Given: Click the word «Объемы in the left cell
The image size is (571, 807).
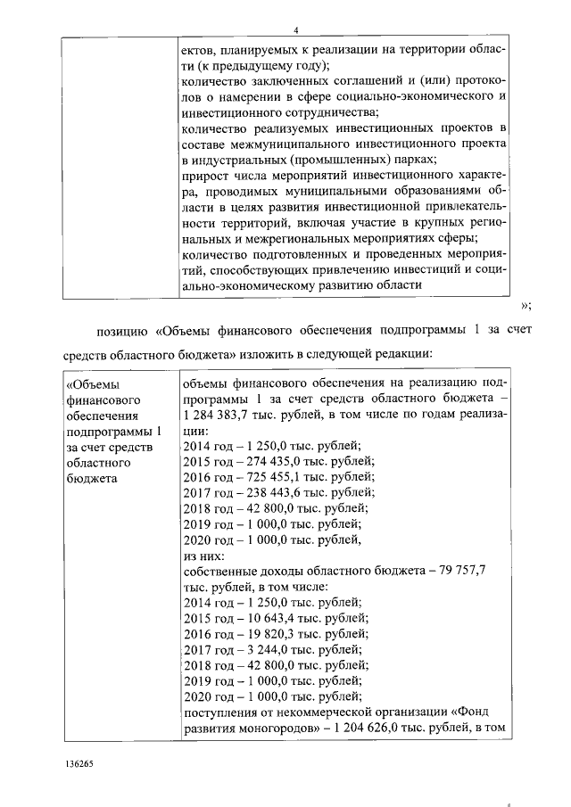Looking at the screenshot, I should [x=95, y=384].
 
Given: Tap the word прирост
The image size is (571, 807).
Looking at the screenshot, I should [x=203, y=176].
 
